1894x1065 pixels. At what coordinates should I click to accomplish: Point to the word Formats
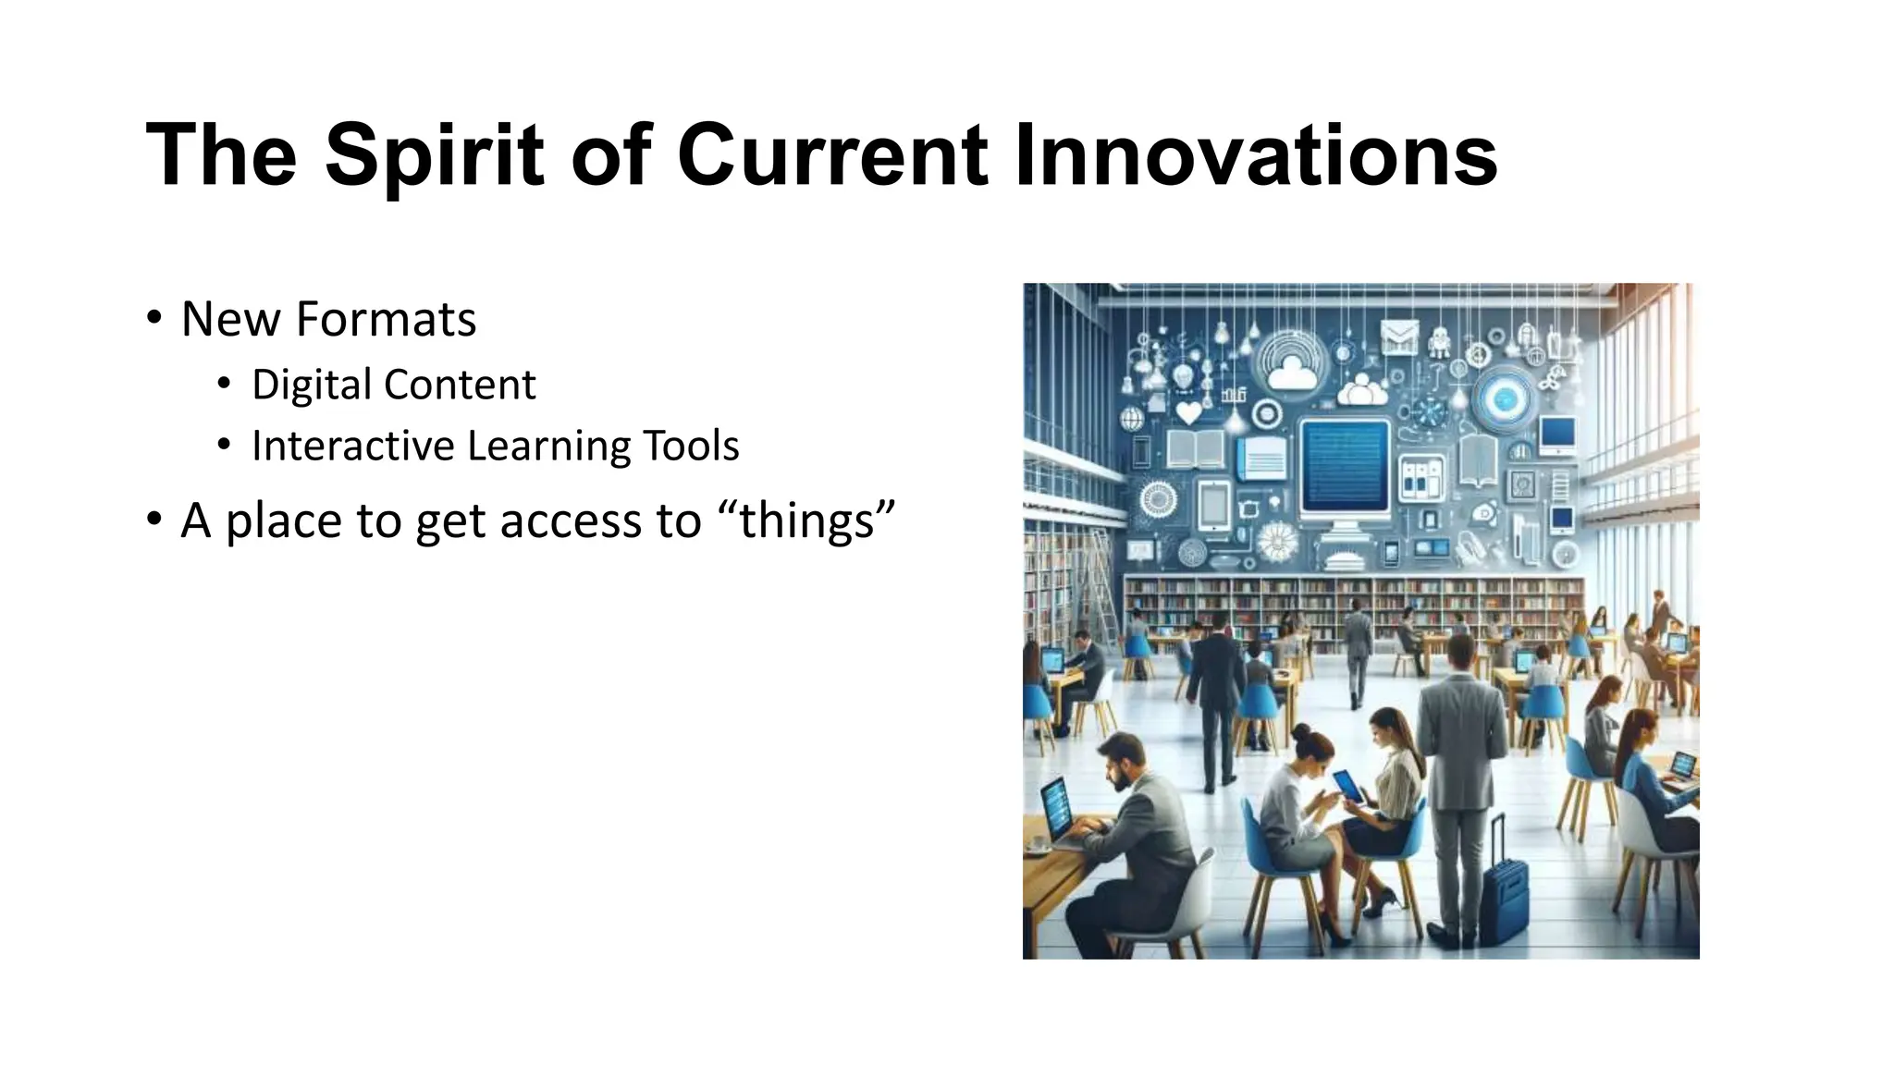tap(386, 319)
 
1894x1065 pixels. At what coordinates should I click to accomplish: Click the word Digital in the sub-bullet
tap(311, 385)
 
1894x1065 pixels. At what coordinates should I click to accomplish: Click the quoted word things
tap(806, 520)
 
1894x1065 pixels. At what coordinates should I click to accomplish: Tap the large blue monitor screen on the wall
tap(1345, 468)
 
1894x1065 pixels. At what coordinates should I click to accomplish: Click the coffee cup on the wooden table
tap(1038, 843)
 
